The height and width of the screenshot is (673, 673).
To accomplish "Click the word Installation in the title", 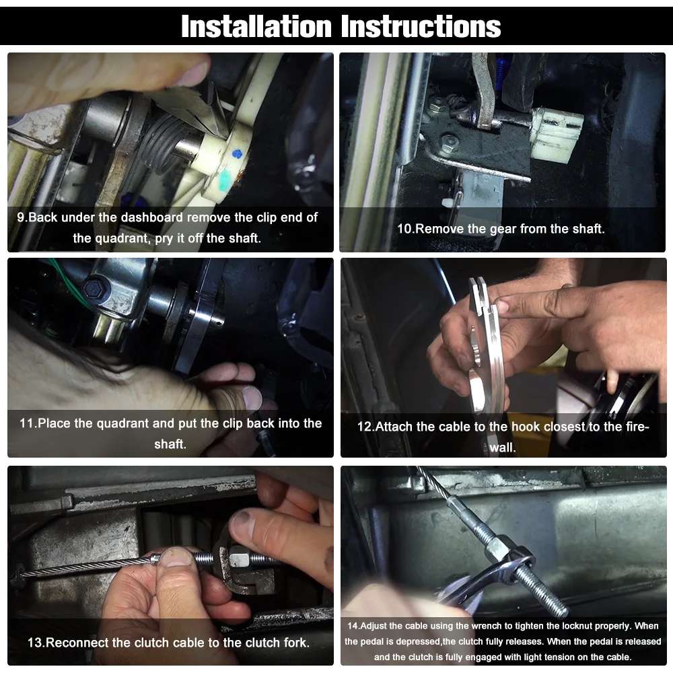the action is (256, 27).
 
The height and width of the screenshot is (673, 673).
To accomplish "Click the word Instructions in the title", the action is (421, 27).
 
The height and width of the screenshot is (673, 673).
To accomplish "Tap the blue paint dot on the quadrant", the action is (236, 153).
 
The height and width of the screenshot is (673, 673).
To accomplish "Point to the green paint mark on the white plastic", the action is (225, 180).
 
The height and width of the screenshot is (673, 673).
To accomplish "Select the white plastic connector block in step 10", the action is (557, 131).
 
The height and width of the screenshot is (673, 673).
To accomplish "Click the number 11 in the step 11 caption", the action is (27, 423).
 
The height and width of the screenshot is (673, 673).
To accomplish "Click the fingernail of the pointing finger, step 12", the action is (501, 306).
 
